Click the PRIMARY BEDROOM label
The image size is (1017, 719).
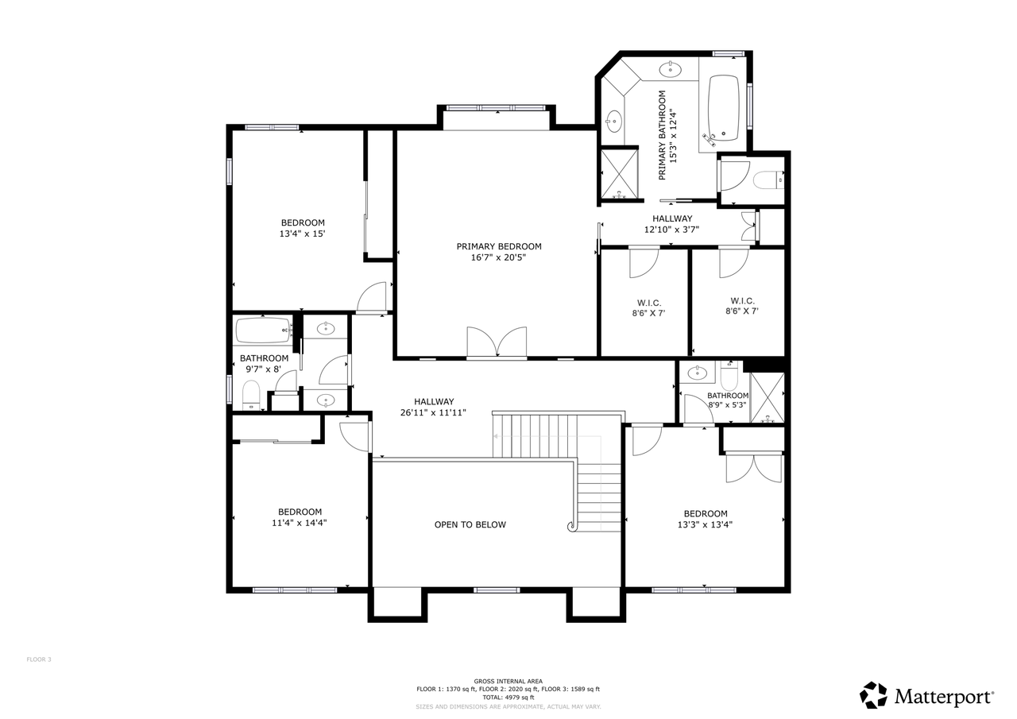pos(498,246)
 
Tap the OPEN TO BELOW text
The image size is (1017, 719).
pos(470,524)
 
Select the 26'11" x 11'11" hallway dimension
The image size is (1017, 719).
pos(433,412)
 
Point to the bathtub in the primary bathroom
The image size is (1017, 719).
pos(725,107)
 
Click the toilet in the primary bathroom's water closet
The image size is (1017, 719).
pos(768,180)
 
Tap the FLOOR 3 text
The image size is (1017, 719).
pos(39,659)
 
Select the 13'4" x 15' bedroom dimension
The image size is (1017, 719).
pos(303,234)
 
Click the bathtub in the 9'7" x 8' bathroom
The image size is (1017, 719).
pos(263,330)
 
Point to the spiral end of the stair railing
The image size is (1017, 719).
pos(571,527)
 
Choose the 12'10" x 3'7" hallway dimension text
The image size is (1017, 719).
pos(671,230)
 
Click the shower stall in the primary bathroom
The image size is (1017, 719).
pos(619,174)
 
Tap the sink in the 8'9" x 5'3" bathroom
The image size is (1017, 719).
pos(697,373)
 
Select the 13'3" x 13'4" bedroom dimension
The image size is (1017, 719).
pos(705,524)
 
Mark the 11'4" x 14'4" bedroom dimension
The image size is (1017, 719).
pos(300,523)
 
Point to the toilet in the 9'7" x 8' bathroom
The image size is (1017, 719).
pos(251,395)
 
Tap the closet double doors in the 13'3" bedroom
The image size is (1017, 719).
pos(754,468)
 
